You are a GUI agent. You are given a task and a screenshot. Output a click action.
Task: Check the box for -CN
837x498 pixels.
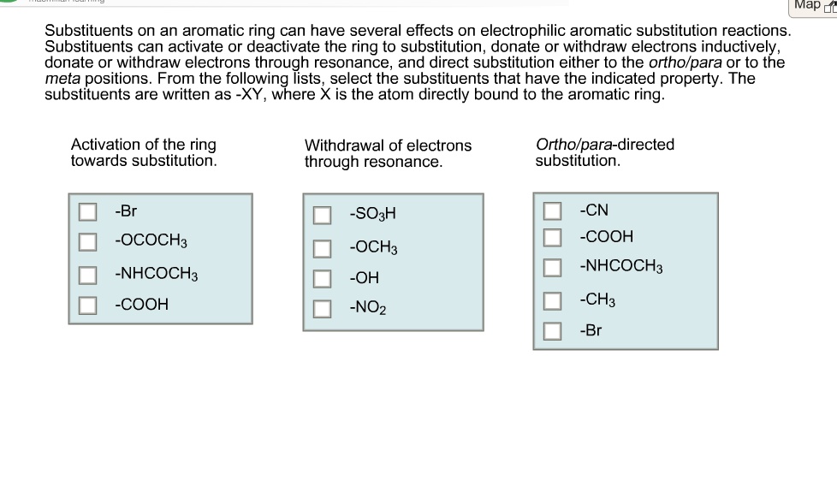pyautogui.click(x=553, y=210)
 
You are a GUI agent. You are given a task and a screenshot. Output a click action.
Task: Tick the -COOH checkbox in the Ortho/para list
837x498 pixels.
pyautogui.click(x=553, y=236)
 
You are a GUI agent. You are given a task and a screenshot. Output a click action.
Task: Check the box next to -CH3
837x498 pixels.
pyautogui.click(x=553, y=300)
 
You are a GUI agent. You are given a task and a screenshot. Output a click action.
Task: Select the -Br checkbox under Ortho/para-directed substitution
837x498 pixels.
pyautogui.click(x=553, y=330)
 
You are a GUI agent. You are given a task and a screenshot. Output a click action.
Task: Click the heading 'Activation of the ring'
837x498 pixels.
pyautogui.click(x=143, y=145)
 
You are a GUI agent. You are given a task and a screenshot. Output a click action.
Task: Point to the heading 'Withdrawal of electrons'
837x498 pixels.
pyautogui.click(x=388, y=145)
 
